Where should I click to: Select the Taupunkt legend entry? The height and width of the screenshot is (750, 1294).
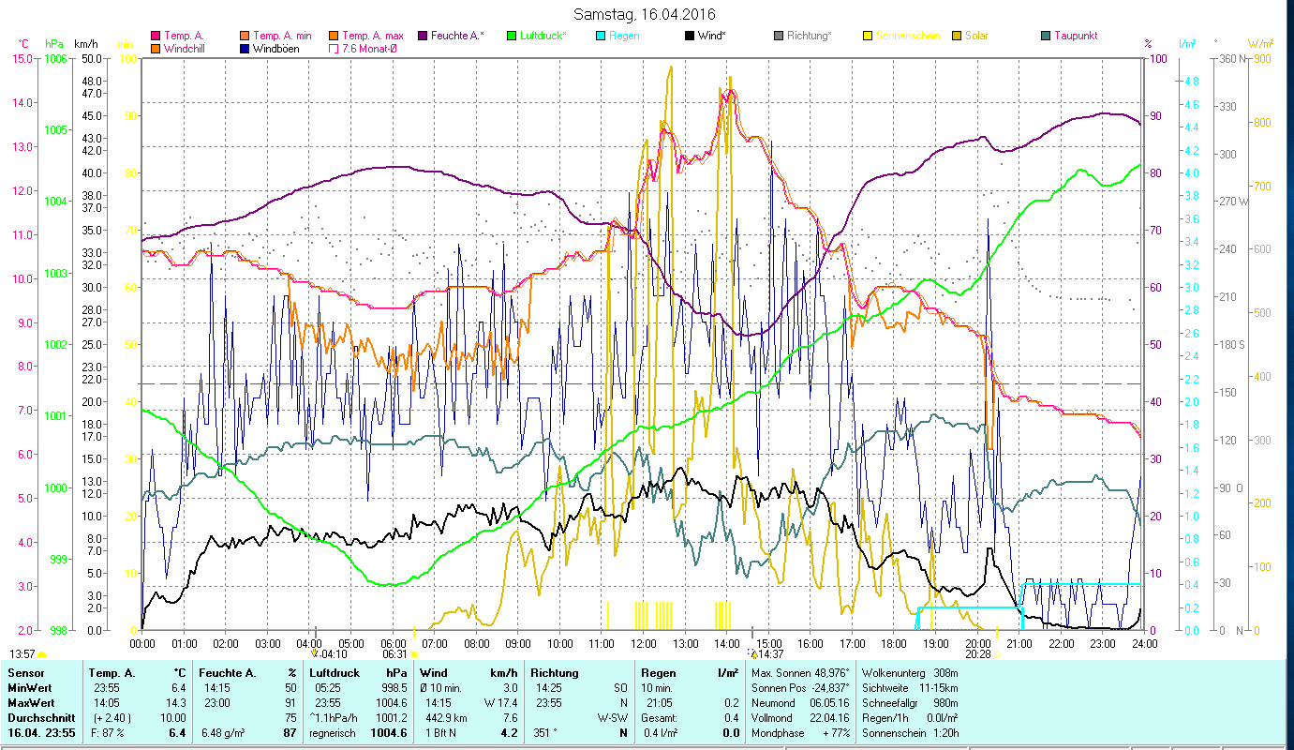[x=1068, y=36]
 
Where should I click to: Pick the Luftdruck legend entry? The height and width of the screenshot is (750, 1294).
[x=536, y=36]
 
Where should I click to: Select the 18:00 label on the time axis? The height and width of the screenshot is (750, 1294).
[x=894, y=643]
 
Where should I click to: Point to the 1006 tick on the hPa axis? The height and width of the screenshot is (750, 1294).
[x=55, y=58]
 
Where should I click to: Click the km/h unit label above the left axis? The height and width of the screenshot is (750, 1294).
[x=85, y=44]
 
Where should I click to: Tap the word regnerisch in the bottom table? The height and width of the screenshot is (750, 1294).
[x=332, y=733]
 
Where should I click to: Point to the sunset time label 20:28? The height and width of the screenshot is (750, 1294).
[x=976, y=654]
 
